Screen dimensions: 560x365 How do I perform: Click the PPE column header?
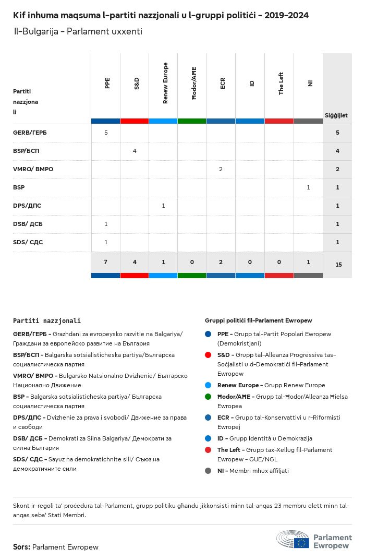[x=107, y=83]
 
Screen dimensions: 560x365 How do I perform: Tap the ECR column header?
[x=223, y=83]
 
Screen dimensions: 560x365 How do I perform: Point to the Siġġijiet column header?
[x=336, y=115]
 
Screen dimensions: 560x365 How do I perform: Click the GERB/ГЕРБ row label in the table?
[x=30, y=133]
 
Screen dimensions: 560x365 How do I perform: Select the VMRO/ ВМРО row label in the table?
[x=33, y=169]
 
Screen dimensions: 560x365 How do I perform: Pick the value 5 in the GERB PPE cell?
[x=106, y=133]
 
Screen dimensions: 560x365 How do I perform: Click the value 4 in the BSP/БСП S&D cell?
[x=135, y=151]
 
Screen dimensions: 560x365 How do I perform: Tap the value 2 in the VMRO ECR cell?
[x=221, y=169]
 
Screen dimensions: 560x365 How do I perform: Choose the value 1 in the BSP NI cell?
[x=308, y=187]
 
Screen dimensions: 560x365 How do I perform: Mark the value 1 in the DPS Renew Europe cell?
[x=163, y=206]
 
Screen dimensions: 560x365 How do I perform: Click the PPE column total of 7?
[x=105, y=262]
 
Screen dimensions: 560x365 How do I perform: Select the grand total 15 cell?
[x=338, y=265]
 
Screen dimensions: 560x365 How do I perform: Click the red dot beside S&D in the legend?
[x=208, y=355]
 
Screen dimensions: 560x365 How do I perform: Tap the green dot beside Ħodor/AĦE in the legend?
[x=208, y=397]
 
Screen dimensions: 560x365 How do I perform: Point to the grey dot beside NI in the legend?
[x=208, y=471]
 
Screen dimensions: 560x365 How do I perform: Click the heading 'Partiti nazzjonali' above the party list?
[x=47, y=321]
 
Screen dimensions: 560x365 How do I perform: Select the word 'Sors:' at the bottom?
[x=21, y=547]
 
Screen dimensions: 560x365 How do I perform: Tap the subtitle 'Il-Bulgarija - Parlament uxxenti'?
[x=78, y=32]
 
